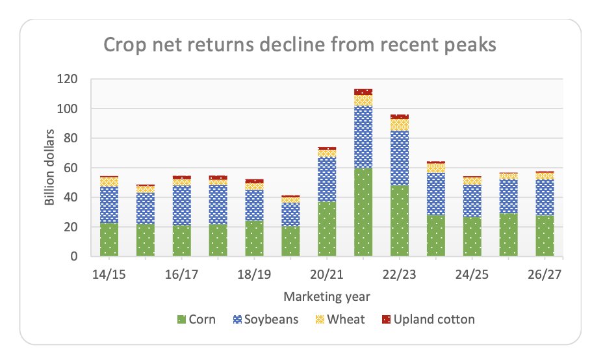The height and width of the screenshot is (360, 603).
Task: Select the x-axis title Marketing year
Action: point(327,297)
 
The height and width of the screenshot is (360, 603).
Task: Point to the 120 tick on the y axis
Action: point(68,79)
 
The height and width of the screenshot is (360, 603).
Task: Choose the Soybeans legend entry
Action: point(269,319)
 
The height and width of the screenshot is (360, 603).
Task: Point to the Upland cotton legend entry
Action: point(429,319)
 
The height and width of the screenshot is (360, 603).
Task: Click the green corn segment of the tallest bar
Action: point(363,212)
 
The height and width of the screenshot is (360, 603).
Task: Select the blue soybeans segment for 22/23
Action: point(400,158)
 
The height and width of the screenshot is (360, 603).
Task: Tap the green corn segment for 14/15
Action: point(109,240)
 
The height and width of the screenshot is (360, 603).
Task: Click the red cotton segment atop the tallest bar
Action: point(363,92)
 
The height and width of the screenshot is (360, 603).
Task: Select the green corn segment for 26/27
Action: point(545,236)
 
